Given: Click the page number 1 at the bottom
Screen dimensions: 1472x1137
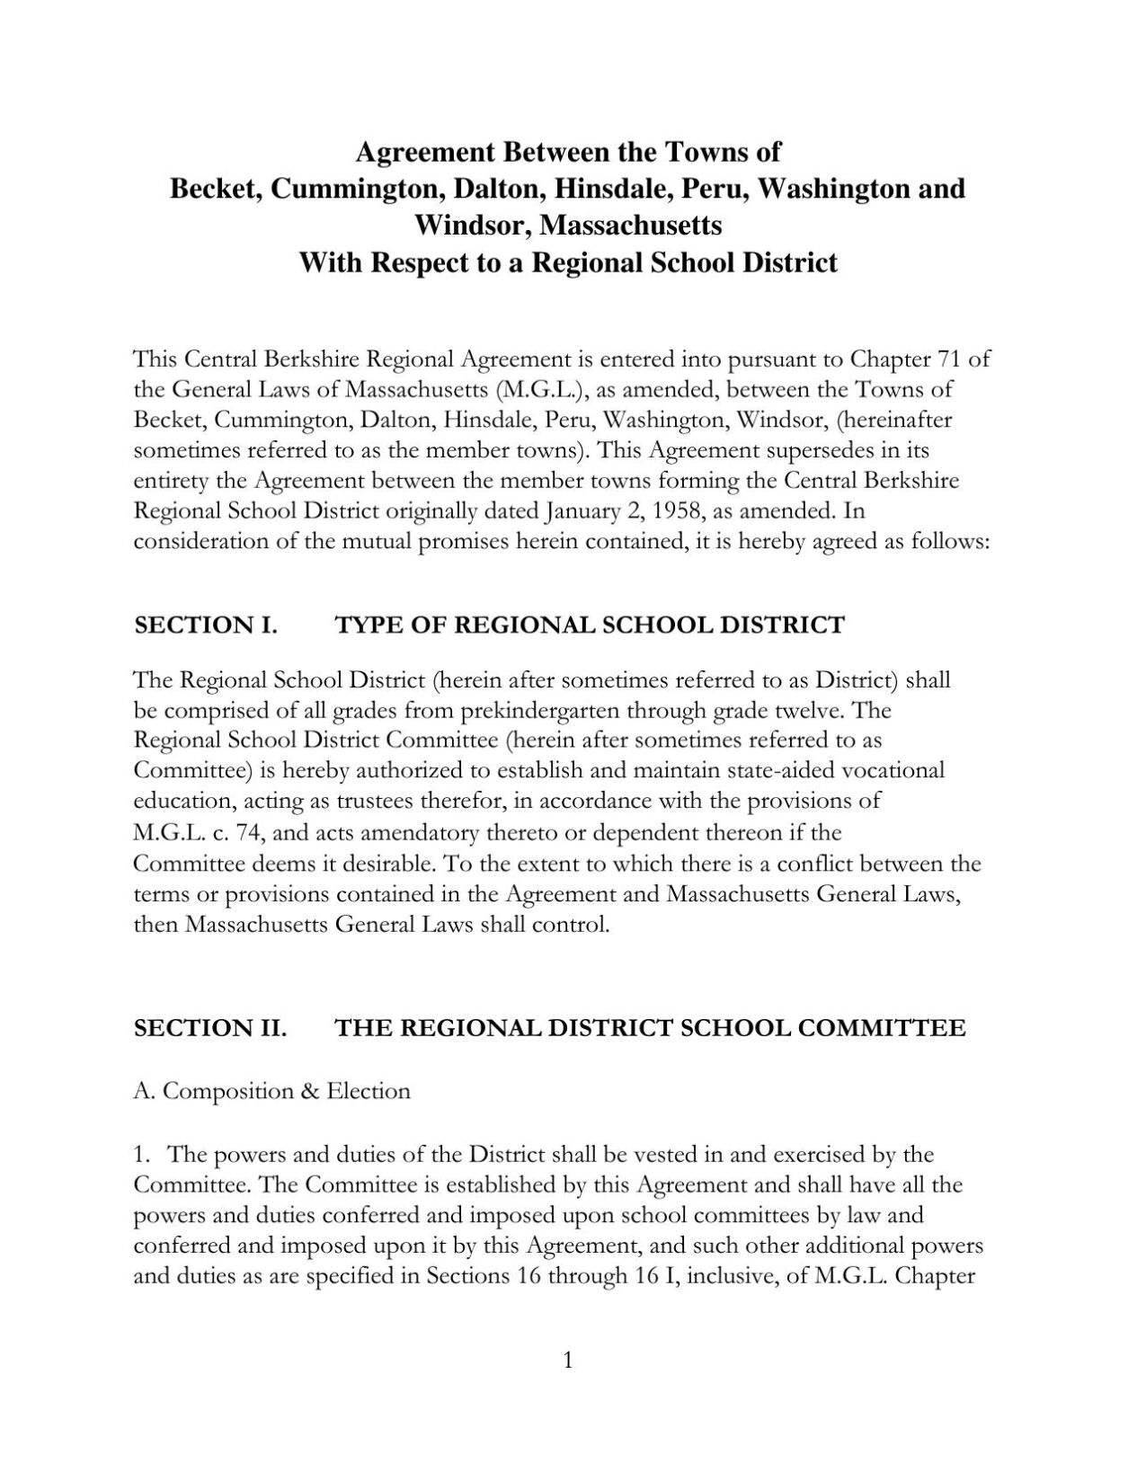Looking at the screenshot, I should pyautogui.click(x=567, y=1361).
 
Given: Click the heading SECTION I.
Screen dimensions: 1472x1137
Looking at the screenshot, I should pyautogui.click(x=205, y=625).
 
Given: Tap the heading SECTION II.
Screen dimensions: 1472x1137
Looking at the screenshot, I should pyautogui.click(x=210, y=1028).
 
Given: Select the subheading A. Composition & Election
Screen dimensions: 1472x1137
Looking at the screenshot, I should pyautogui.click(x=271, y=1091).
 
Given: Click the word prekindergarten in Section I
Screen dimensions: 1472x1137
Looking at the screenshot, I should pyautogui.click(x=539, y=711).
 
